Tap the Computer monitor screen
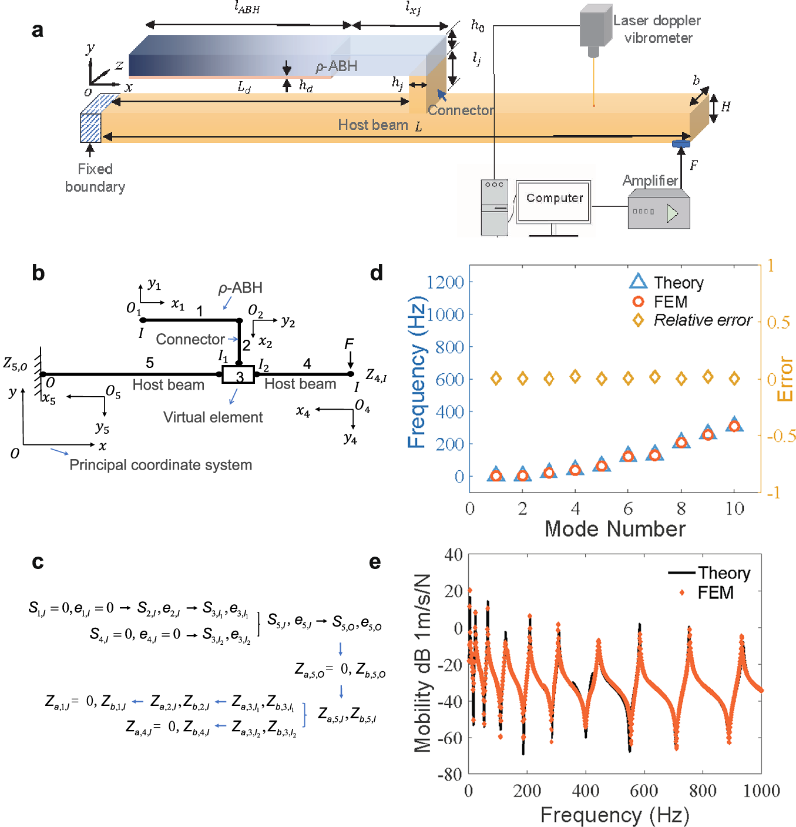coord(553,200)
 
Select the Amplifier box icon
coord(659,211)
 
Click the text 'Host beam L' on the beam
coord(379,125)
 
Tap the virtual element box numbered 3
coord(239,375)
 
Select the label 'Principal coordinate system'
coord(160,465)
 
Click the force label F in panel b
coord(349,344)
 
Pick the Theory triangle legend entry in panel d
coord(667,282)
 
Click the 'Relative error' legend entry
coord(692,320)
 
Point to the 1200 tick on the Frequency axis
coord(445,283)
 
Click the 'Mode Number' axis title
coord(614,529)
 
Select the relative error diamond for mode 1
coord(496,379)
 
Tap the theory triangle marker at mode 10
coord(734,424)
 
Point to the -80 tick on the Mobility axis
coord(450,774)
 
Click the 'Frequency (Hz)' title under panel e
coord(614,815)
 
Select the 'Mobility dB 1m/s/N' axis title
coord(422,663)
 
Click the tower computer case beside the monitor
coord(494,207)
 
